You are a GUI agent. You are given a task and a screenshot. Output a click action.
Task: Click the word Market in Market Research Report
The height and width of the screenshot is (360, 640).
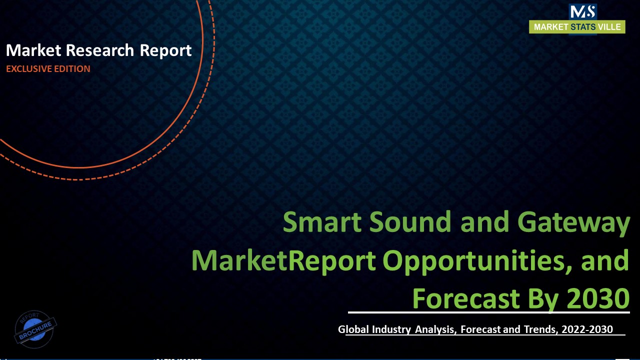click(34, 50)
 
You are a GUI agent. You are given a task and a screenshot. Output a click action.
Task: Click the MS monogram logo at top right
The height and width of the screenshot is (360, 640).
click(582, 11)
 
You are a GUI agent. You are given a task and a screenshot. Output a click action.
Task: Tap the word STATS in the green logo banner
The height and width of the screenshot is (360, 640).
click(583, 27)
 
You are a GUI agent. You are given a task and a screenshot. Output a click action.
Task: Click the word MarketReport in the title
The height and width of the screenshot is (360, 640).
click(283, 260)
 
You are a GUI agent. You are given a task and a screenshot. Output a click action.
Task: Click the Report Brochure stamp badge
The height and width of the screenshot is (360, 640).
click(35, 328)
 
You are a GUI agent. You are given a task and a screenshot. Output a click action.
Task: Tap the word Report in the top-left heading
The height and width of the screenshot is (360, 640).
click(165, 50)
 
